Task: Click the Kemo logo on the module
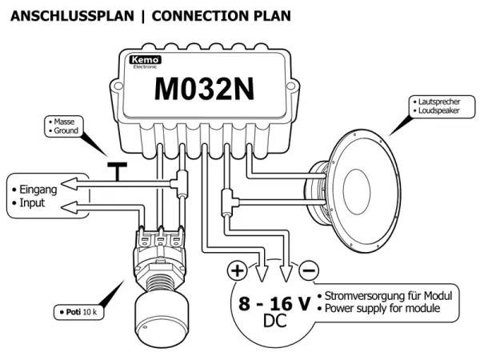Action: click(x=144, y=60)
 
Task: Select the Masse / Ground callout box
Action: click(x=63, y=125)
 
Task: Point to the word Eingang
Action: click(x=37, y=190)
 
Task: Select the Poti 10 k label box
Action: click(x=77, y=310)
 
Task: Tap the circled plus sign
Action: click(x=238, y=270)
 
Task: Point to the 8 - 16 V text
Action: click(x=271, y=304)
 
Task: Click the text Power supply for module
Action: click(x=388, y=309)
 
